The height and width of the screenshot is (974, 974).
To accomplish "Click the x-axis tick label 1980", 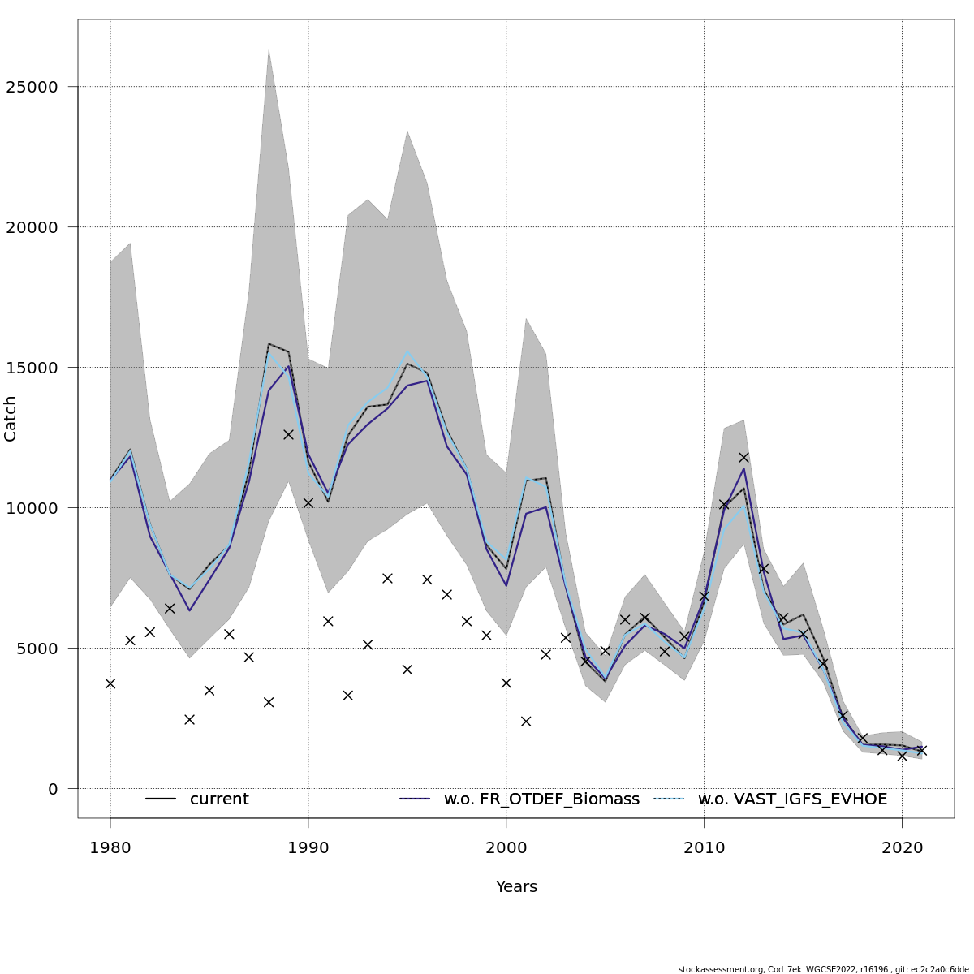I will [110, 847].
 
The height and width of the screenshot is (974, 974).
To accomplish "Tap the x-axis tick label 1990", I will [308, 847].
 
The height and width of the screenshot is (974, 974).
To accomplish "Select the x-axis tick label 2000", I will [506, 847].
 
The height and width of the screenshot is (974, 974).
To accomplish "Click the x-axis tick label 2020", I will [903, 847].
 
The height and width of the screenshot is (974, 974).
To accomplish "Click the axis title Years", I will [516, 887].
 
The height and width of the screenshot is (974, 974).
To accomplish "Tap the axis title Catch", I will [11, 419].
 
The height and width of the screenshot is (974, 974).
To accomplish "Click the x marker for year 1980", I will [110, 683].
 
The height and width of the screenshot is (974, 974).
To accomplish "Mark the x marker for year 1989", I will [288, 434].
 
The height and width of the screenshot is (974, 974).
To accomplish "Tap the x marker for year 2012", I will [743, 457].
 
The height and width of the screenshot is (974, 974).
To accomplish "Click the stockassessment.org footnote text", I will [823, 969].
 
